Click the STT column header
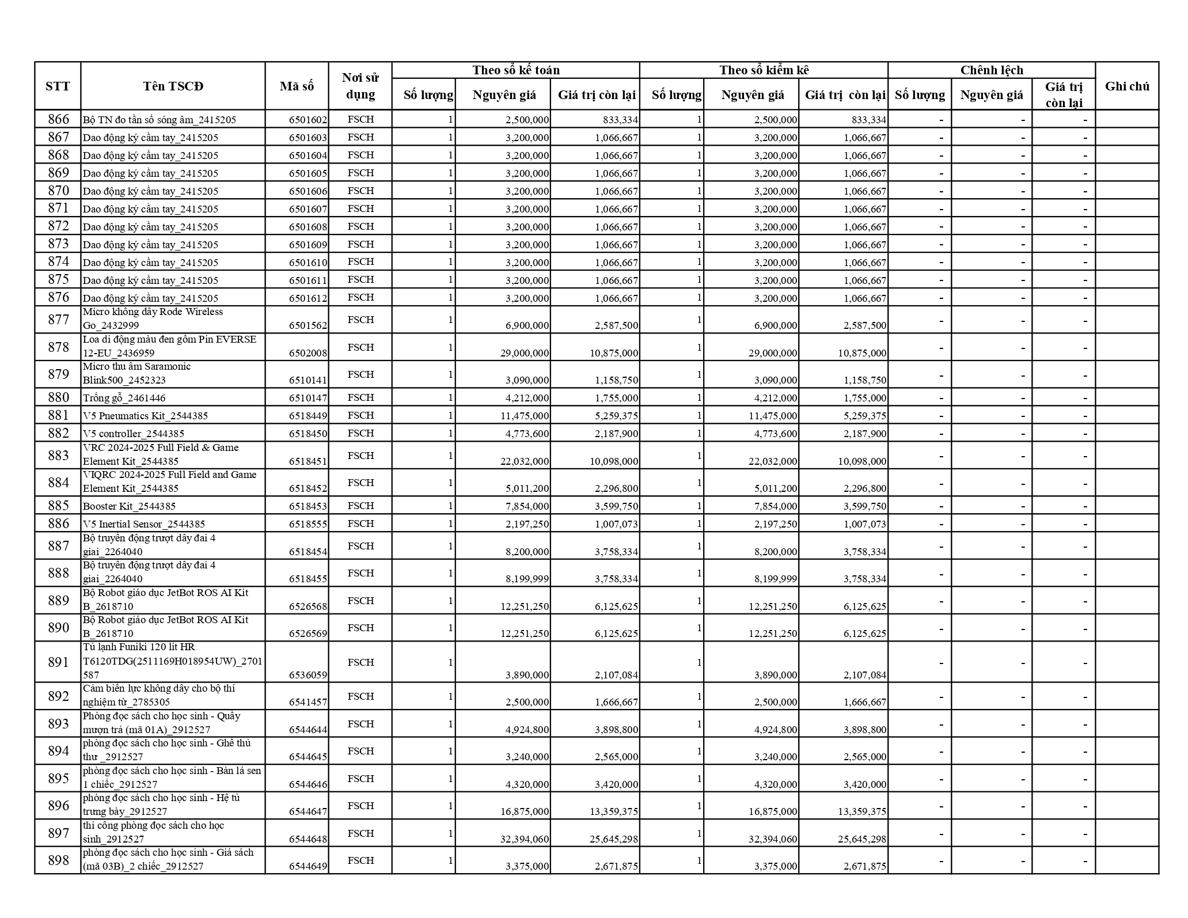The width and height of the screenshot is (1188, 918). coord(58,86)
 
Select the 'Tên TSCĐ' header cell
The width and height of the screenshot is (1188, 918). coord(173,86)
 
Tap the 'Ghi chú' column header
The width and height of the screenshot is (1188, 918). coord(1127,86)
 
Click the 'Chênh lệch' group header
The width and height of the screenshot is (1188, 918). coord(991,70)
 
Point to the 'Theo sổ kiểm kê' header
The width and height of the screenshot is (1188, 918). coord(764,70)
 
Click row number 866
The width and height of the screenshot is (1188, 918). coord(58,119)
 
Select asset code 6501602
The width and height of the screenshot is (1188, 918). coord(308,120)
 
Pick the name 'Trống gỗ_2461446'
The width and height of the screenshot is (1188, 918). coord(124,398)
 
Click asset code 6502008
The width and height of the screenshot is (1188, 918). coord(308,353)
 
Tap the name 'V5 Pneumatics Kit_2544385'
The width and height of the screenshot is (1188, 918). coord(145,416)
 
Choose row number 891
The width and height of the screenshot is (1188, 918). coord(58,662)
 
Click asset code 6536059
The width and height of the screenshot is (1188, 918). coord(308,675)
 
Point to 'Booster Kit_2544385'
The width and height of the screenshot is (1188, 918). coord(129,506)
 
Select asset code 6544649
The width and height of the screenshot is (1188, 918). coord(308,866)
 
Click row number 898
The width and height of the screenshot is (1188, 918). coord(58,860)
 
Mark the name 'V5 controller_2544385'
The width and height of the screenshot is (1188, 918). coord(134,434)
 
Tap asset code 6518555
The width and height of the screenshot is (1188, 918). coord(308,524)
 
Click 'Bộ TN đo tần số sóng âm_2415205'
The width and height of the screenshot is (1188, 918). coord(160,120)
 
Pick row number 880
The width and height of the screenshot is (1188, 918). coord(58,397)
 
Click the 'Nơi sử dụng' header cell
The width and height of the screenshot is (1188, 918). coord(360,86)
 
